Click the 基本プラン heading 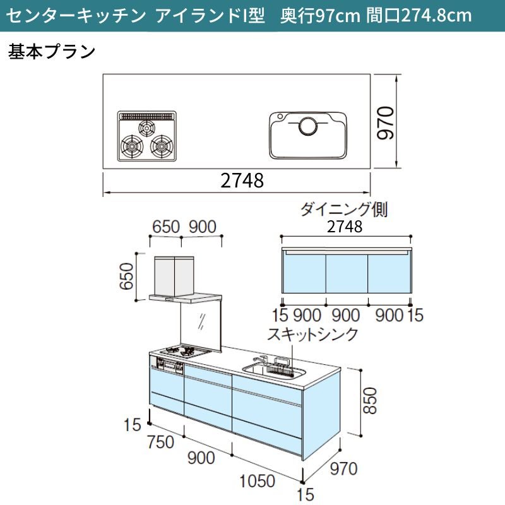pyautogui.click(x=52, y=52)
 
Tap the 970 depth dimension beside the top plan pyautogui.click(x=386, y=123)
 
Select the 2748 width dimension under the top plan pyautogui.click(x=242, y=181)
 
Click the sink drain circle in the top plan pyautogui.click(x=309, y=126)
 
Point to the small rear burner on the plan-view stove pyautogui.click(x=147, y=128)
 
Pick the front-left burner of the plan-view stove pyautogui.click(x=132, y=146)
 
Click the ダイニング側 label pyautogui.click(x=343, y=210)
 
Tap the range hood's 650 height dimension pyautogui.click(x=126, y=276)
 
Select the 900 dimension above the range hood pyautogui.click(x=203, y=227)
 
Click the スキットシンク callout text pyautogui.click(x=312, y=334)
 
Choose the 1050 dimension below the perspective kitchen pyautogui.click(x=257, y=481)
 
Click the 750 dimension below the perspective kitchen pyautogui.click(x=161, y=442)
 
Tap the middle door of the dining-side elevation pyautogui.click(x=347, y=274)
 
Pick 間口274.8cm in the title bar pyautogui.click(x=419, y=15)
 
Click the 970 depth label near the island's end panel pyautogui.click(x=343, y=468)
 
